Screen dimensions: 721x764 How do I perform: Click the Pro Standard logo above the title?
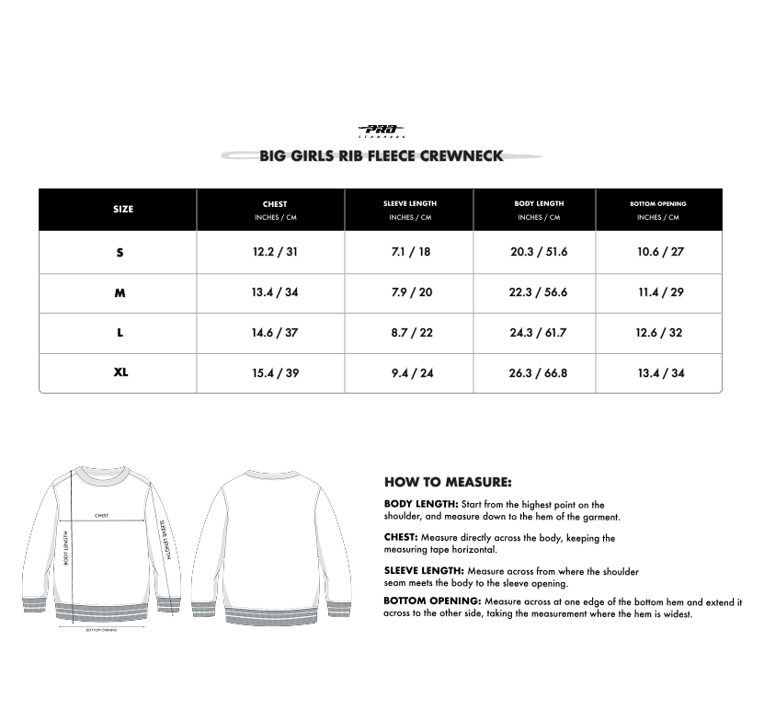point(381,132)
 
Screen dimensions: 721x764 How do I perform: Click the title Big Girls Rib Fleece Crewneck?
point(381,156)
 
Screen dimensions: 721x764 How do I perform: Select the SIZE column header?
point(122,210)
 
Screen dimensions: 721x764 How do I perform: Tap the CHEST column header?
point(275,205)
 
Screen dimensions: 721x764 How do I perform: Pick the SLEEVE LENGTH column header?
point(410,204)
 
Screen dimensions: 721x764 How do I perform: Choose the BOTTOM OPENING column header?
point(657,204)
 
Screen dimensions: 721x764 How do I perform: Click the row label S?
point(120,252)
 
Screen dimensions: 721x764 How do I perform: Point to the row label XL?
point(120,373)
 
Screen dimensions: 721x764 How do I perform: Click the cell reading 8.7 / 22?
point(410,333)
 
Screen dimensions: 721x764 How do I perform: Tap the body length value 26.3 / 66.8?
point(539,373)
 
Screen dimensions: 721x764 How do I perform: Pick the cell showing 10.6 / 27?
point(660,252)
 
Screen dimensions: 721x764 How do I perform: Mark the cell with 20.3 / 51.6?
point(539,252)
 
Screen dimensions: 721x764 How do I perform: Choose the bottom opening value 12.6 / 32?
point(659,333)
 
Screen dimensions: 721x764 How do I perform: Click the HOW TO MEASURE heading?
point(448,482)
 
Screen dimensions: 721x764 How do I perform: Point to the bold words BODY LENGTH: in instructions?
point(420,504)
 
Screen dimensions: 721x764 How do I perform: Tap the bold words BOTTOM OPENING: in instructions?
point(432,601)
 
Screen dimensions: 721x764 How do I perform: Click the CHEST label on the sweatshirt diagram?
point(101,516)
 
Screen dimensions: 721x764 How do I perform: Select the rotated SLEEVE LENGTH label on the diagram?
point(165,538)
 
